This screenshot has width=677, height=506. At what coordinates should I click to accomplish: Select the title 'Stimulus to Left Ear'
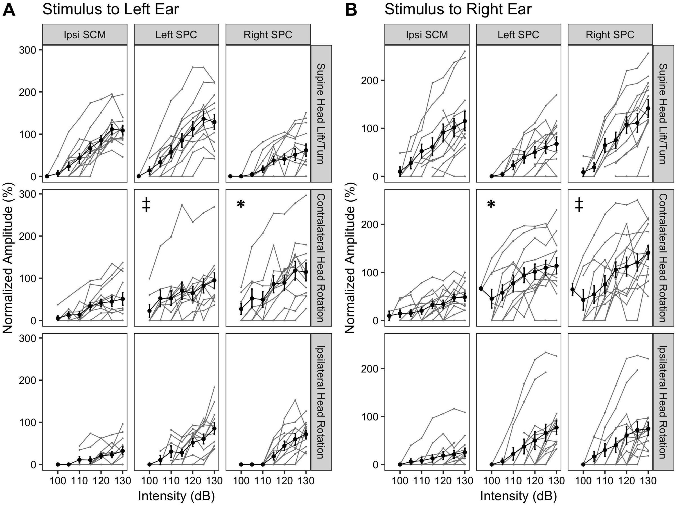click(x=111, y=9)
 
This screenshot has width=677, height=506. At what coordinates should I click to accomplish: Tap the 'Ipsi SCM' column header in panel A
click(x=85, y=35)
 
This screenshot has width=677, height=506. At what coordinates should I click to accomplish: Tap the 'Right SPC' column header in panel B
click(x=610, y=35)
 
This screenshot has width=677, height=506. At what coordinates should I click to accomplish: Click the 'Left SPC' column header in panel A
click(x=176, y=35)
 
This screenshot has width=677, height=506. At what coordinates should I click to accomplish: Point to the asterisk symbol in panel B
click(x=491, y=204)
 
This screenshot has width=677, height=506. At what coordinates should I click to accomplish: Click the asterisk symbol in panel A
click(x=241, y=204)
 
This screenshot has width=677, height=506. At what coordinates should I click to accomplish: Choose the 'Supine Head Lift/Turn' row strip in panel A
click(x=321, y=114)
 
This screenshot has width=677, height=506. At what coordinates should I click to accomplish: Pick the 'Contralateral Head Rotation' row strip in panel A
click(x=321, y=258)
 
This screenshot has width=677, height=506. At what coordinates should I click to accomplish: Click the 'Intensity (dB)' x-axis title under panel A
click(x=176, y=496)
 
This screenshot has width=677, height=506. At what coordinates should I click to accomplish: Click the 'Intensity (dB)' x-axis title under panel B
click(x=519, y=496)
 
